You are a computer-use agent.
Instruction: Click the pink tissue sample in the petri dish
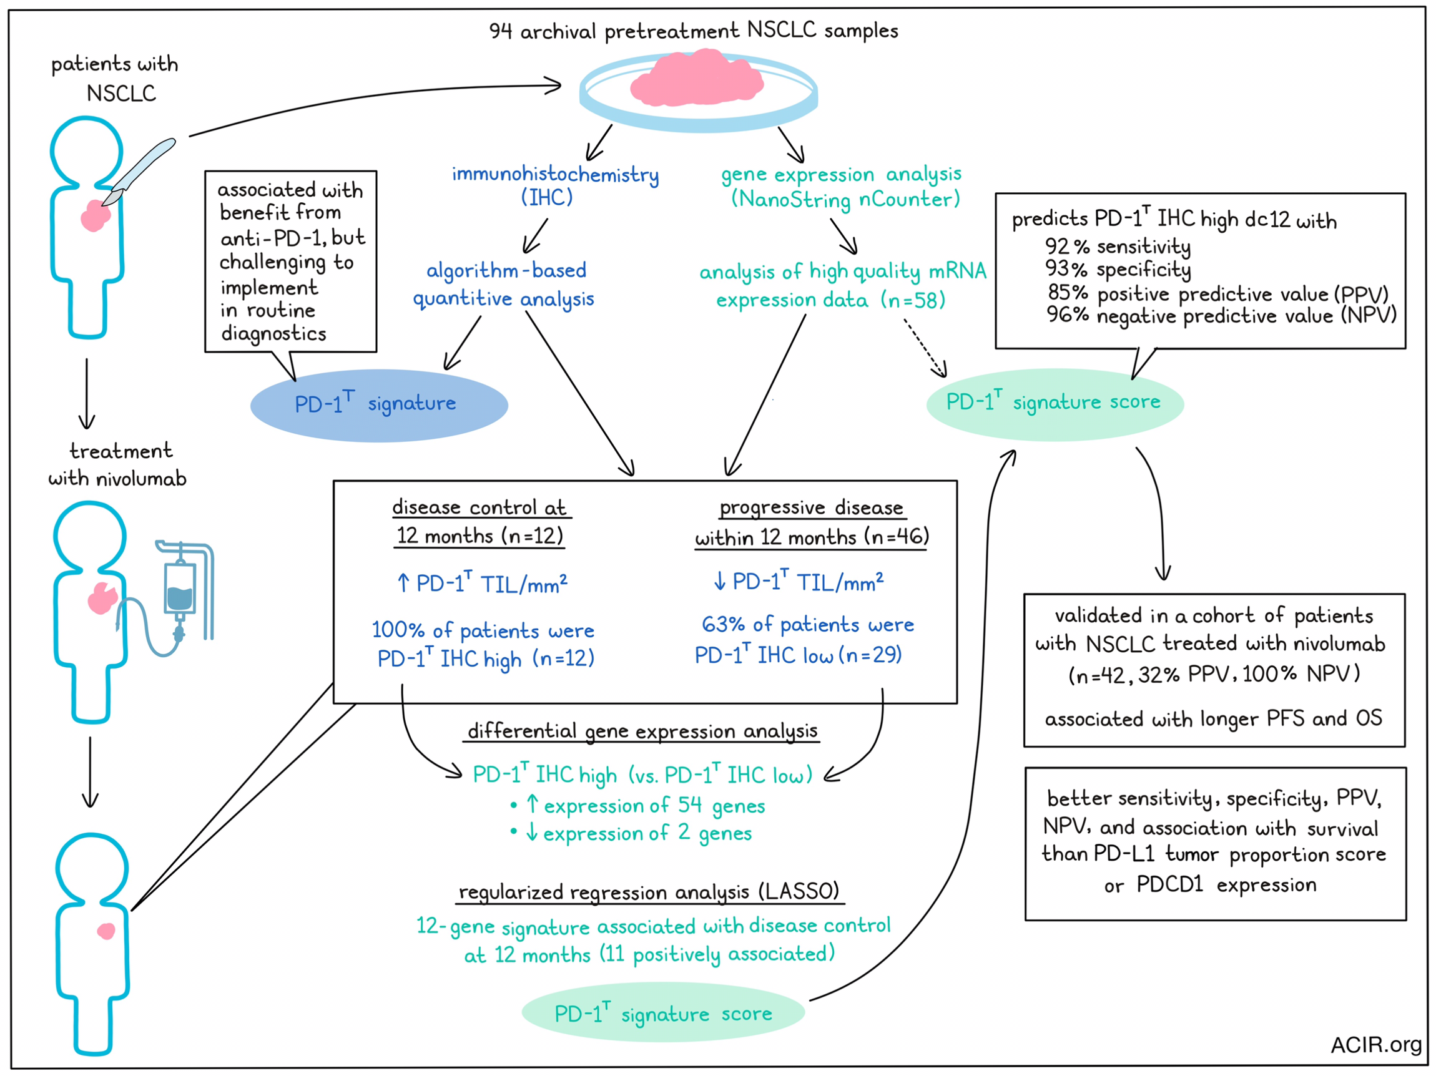[697, 78]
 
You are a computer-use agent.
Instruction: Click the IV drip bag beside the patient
[180, 587]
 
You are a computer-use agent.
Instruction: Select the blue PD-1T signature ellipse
[379, 406]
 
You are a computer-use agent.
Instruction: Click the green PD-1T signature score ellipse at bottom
[663, 1013]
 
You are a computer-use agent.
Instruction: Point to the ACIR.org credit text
[1375, 1044]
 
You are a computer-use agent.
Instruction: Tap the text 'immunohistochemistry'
[555, 174]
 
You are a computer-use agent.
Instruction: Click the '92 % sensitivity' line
[1118, 246]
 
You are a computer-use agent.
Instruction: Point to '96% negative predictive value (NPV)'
[1221, 315]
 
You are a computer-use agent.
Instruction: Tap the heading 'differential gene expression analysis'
[642, 731]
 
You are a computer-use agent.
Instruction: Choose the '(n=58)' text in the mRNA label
[913, 300]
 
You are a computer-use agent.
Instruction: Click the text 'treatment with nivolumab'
[118, 465]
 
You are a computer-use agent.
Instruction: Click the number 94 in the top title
[501, 31]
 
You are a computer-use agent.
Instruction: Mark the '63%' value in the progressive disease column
[723, 624]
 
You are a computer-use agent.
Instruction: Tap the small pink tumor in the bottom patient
[106, 931]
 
